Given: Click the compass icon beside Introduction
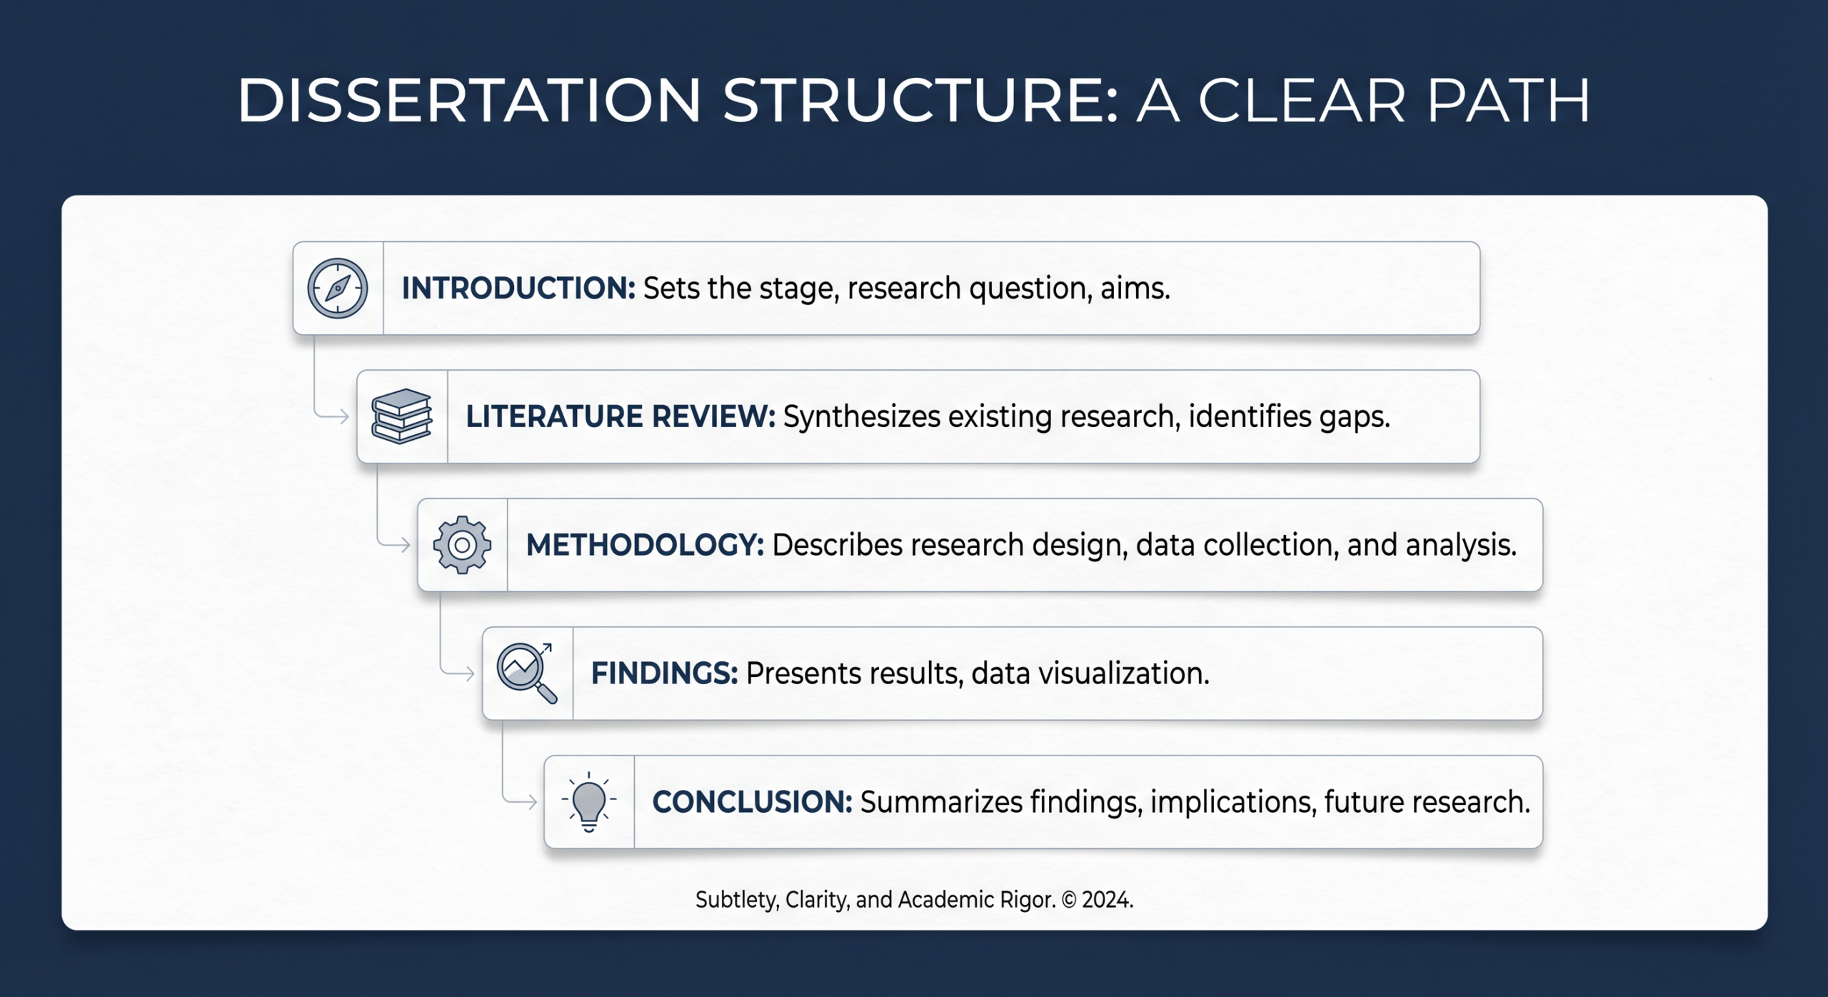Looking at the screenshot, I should click(x=338, y=288).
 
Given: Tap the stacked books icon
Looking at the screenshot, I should click(x=402, y=416).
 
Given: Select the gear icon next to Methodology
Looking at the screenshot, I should click(x=462, y=545).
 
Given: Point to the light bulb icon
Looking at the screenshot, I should click(x=589, y=802).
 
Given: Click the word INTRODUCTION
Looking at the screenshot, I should click(x=518, y=288).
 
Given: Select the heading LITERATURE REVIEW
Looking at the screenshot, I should click(x=620, y=416).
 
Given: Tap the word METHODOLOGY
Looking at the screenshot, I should click(x=644, y=545).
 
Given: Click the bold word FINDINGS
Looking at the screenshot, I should click(x=663, y=673).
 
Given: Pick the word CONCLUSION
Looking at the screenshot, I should click(x=751, y=802).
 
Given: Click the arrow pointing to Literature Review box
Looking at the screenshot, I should click(x=341, y=416).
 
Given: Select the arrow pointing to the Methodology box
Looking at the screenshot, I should click(x=403, y=545).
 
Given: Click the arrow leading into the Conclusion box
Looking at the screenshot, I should click(x=529, y=802).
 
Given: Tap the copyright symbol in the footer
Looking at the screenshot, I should click(x=1069, y=900).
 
